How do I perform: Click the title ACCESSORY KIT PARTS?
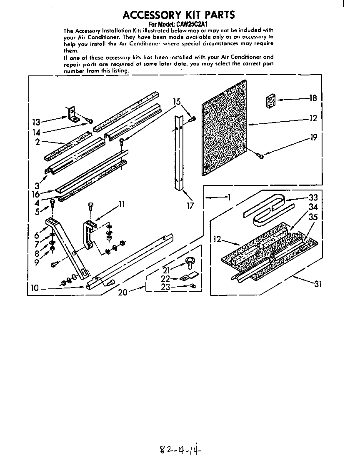coord(179,15)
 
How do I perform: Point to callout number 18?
coord(313,98)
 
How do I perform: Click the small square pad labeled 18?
coord(271,100)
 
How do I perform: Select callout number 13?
coord(37,123)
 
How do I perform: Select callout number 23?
coord(165,287)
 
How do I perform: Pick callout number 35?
coord(313,217)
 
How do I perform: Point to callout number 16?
coord(36,195)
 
